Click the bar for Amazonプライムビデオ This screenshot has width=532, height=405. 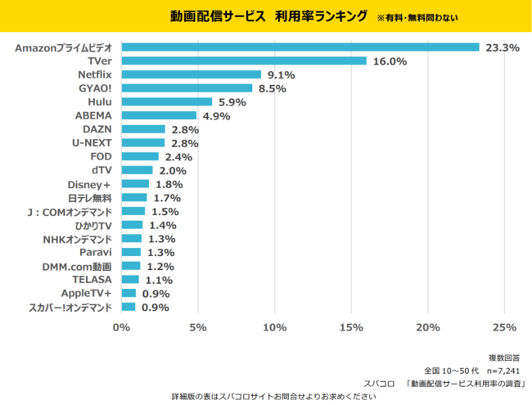pos(300,47)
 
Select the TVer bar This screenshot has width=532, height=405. pos(244,61)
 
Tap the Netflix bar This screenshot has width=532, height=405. pos(191,74)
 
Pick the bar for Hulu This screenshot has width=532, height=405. pos(166,102)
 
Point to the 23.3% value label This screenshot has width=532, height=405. pos(502,47)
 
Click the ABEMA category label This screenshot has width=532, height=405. pos(92,115)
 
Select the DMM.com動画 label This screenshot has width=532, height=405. pos(79,266)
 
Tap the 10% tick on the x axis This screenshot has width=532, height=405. pos(274,328)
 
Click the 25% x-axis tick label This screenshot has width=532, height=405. pos(504,328)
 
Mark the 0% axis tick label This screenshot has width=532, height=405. pos(121,328)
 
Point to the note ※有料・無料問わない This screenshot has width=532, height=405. pos(417,17)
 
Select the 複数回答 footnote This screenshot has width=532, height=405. pos(504,358)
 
